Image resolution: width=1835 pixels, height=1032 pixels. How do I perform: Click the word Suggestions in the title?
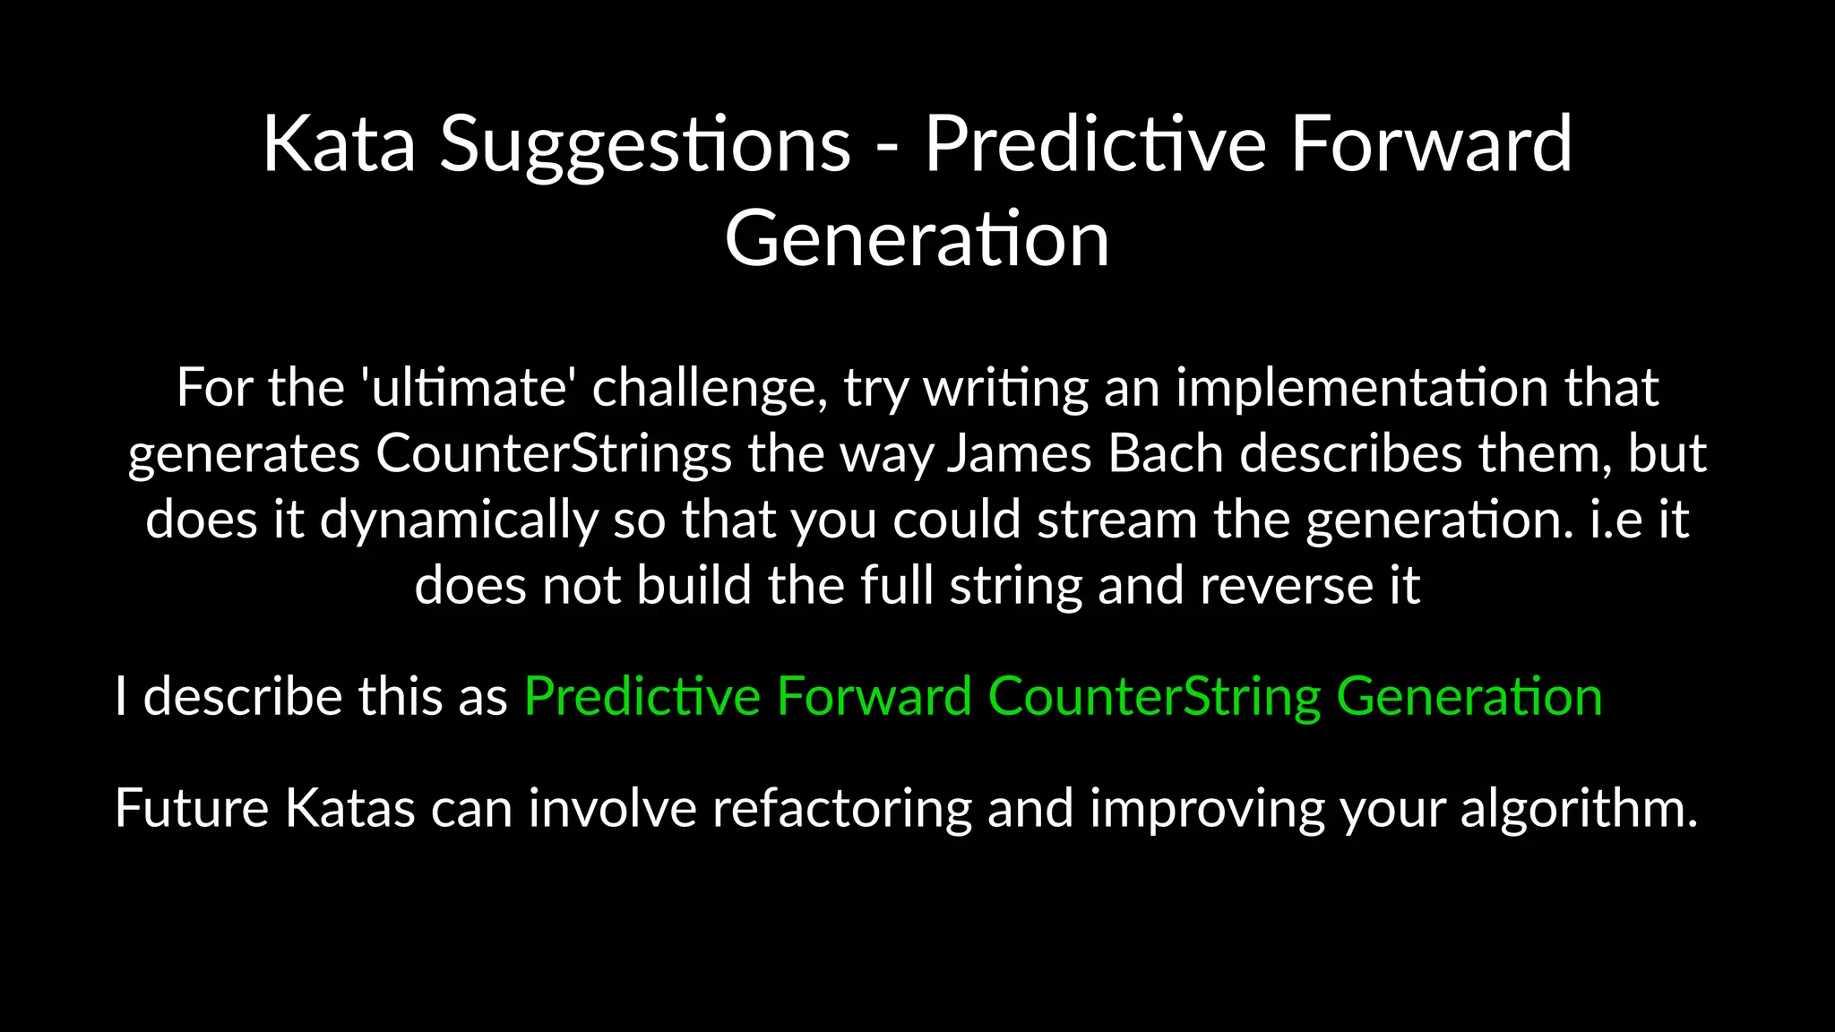644,144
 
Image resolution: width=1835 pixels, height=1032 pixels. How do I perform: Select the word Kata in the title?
339,144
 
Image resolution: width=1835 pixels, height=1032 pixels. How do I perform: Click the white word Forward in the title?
1431,144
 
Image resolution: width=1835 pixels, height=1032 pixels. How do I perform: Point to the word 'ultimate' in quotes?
468,388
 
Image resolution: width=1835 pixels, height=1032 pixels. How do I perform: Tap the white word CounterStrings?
554,454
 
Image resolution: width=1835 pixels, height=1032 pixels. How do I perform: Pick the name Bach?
1166,454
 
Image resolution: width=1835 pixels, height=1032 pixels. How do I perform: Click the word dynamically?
459,520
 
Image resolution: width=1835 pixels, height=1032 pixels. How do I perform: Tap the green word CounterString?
1154,697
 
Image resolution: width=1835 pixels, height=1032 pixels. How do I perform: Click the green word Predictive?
642,697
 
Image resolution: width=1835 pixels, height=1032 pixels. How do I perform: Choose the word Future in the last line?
192,808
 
